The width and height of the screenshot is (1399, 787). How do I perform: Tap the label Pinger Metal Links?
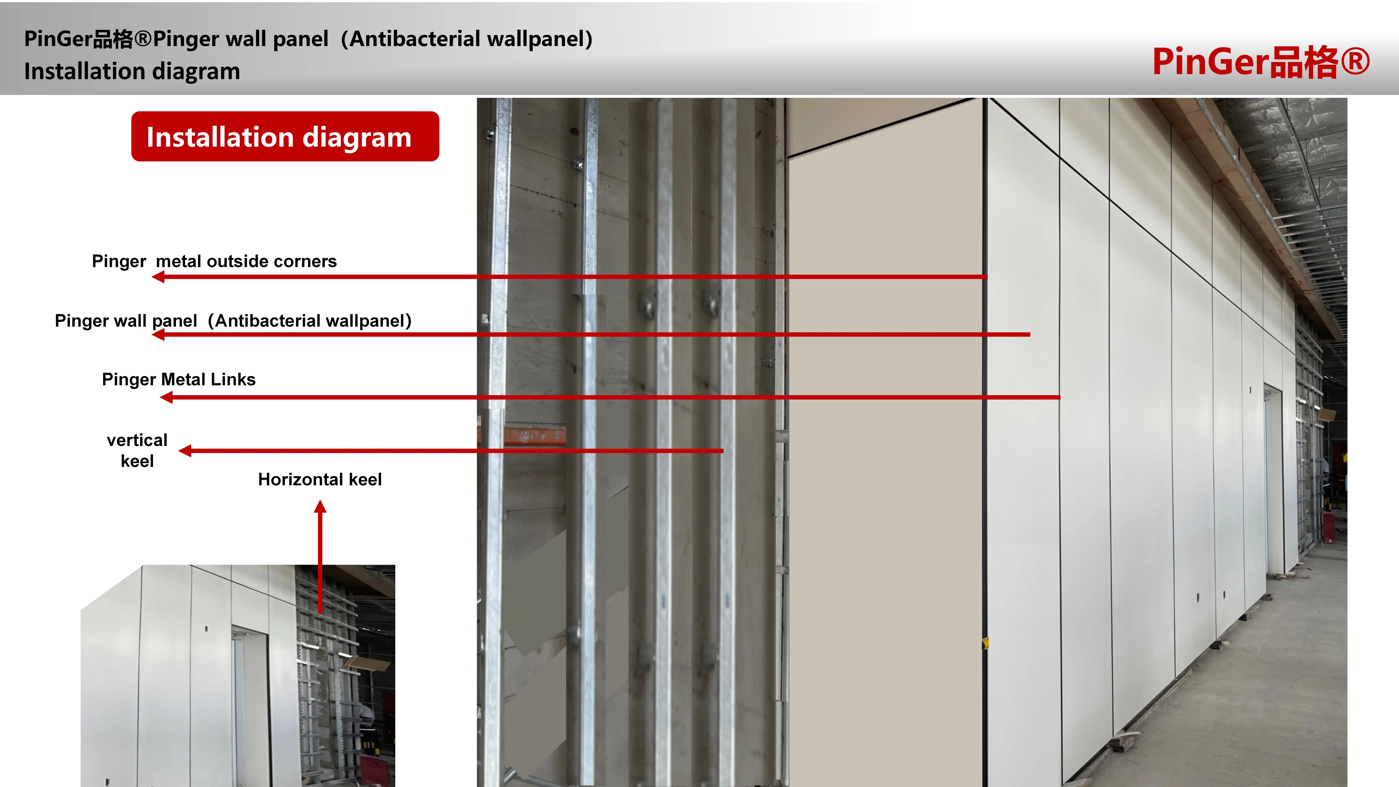(179, 379)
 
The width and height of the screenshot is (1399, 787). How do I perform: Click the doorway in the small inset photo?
(251, 706)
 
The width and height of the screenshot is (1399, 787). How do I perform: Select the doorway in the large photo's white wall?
(1273, 478)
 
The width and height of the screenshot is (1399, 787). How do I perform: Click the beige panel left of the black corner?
(885, 434)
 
